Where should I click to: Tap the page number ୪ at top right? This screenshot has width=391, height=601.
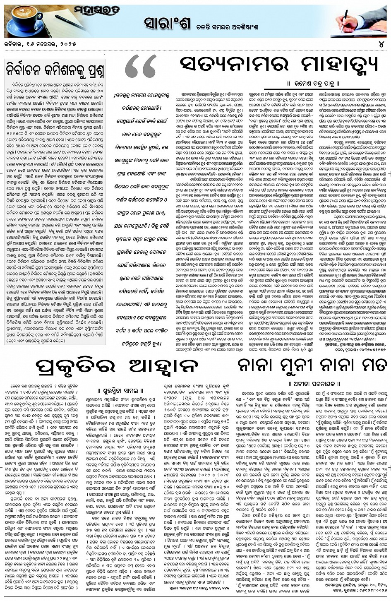tap(380, 43)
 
